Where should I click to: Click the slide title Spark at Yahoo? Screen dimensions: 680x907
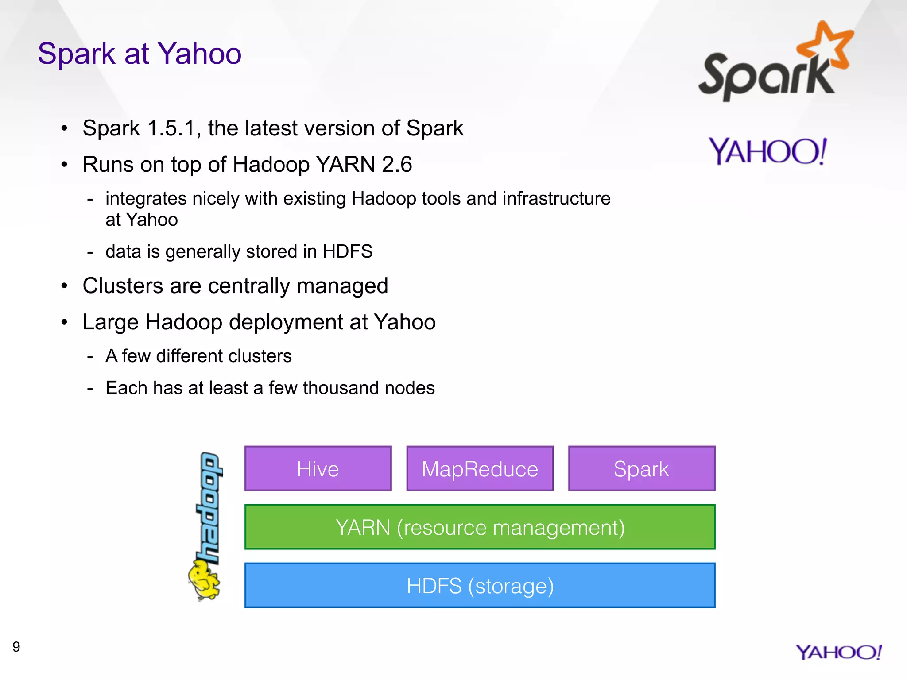click(x=140, y=54)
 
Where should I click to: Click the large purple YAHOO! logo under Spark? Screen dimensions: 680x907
click(x=767, y=151)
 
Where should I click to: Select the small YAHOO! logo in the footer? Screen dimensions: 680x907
click(x=838, y=652)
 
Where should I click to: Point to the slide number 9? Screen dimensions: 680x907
click(x=16, y=647)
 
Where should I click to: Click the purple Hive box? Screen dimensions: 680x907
click(x=318, y=468)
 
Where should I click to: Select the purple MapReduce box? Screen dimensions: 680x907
click(x=480, y=468)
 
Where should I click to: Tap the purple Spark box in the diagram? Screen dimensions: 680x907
click(x=641, y=468)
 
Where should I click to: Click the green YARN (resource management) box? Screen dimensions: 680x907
click(x=480, y=527)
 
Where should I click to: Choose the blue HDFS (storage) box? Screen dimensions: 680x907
click(x=480, y=585)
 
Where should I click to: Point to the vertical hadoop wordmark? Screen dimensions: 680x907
click(x=209, y=507)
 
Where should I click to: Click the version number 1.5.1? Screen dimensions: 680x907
click(x=171, y=128)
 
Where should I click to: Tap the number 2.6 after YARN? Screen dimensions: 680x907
click(x=397, y=165)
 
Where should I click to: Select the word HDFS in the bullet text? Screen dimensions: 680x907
click(x=347, y=251)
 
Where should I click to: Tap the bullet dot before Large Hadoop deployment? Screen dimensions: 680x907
click(x=65, y=322)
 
